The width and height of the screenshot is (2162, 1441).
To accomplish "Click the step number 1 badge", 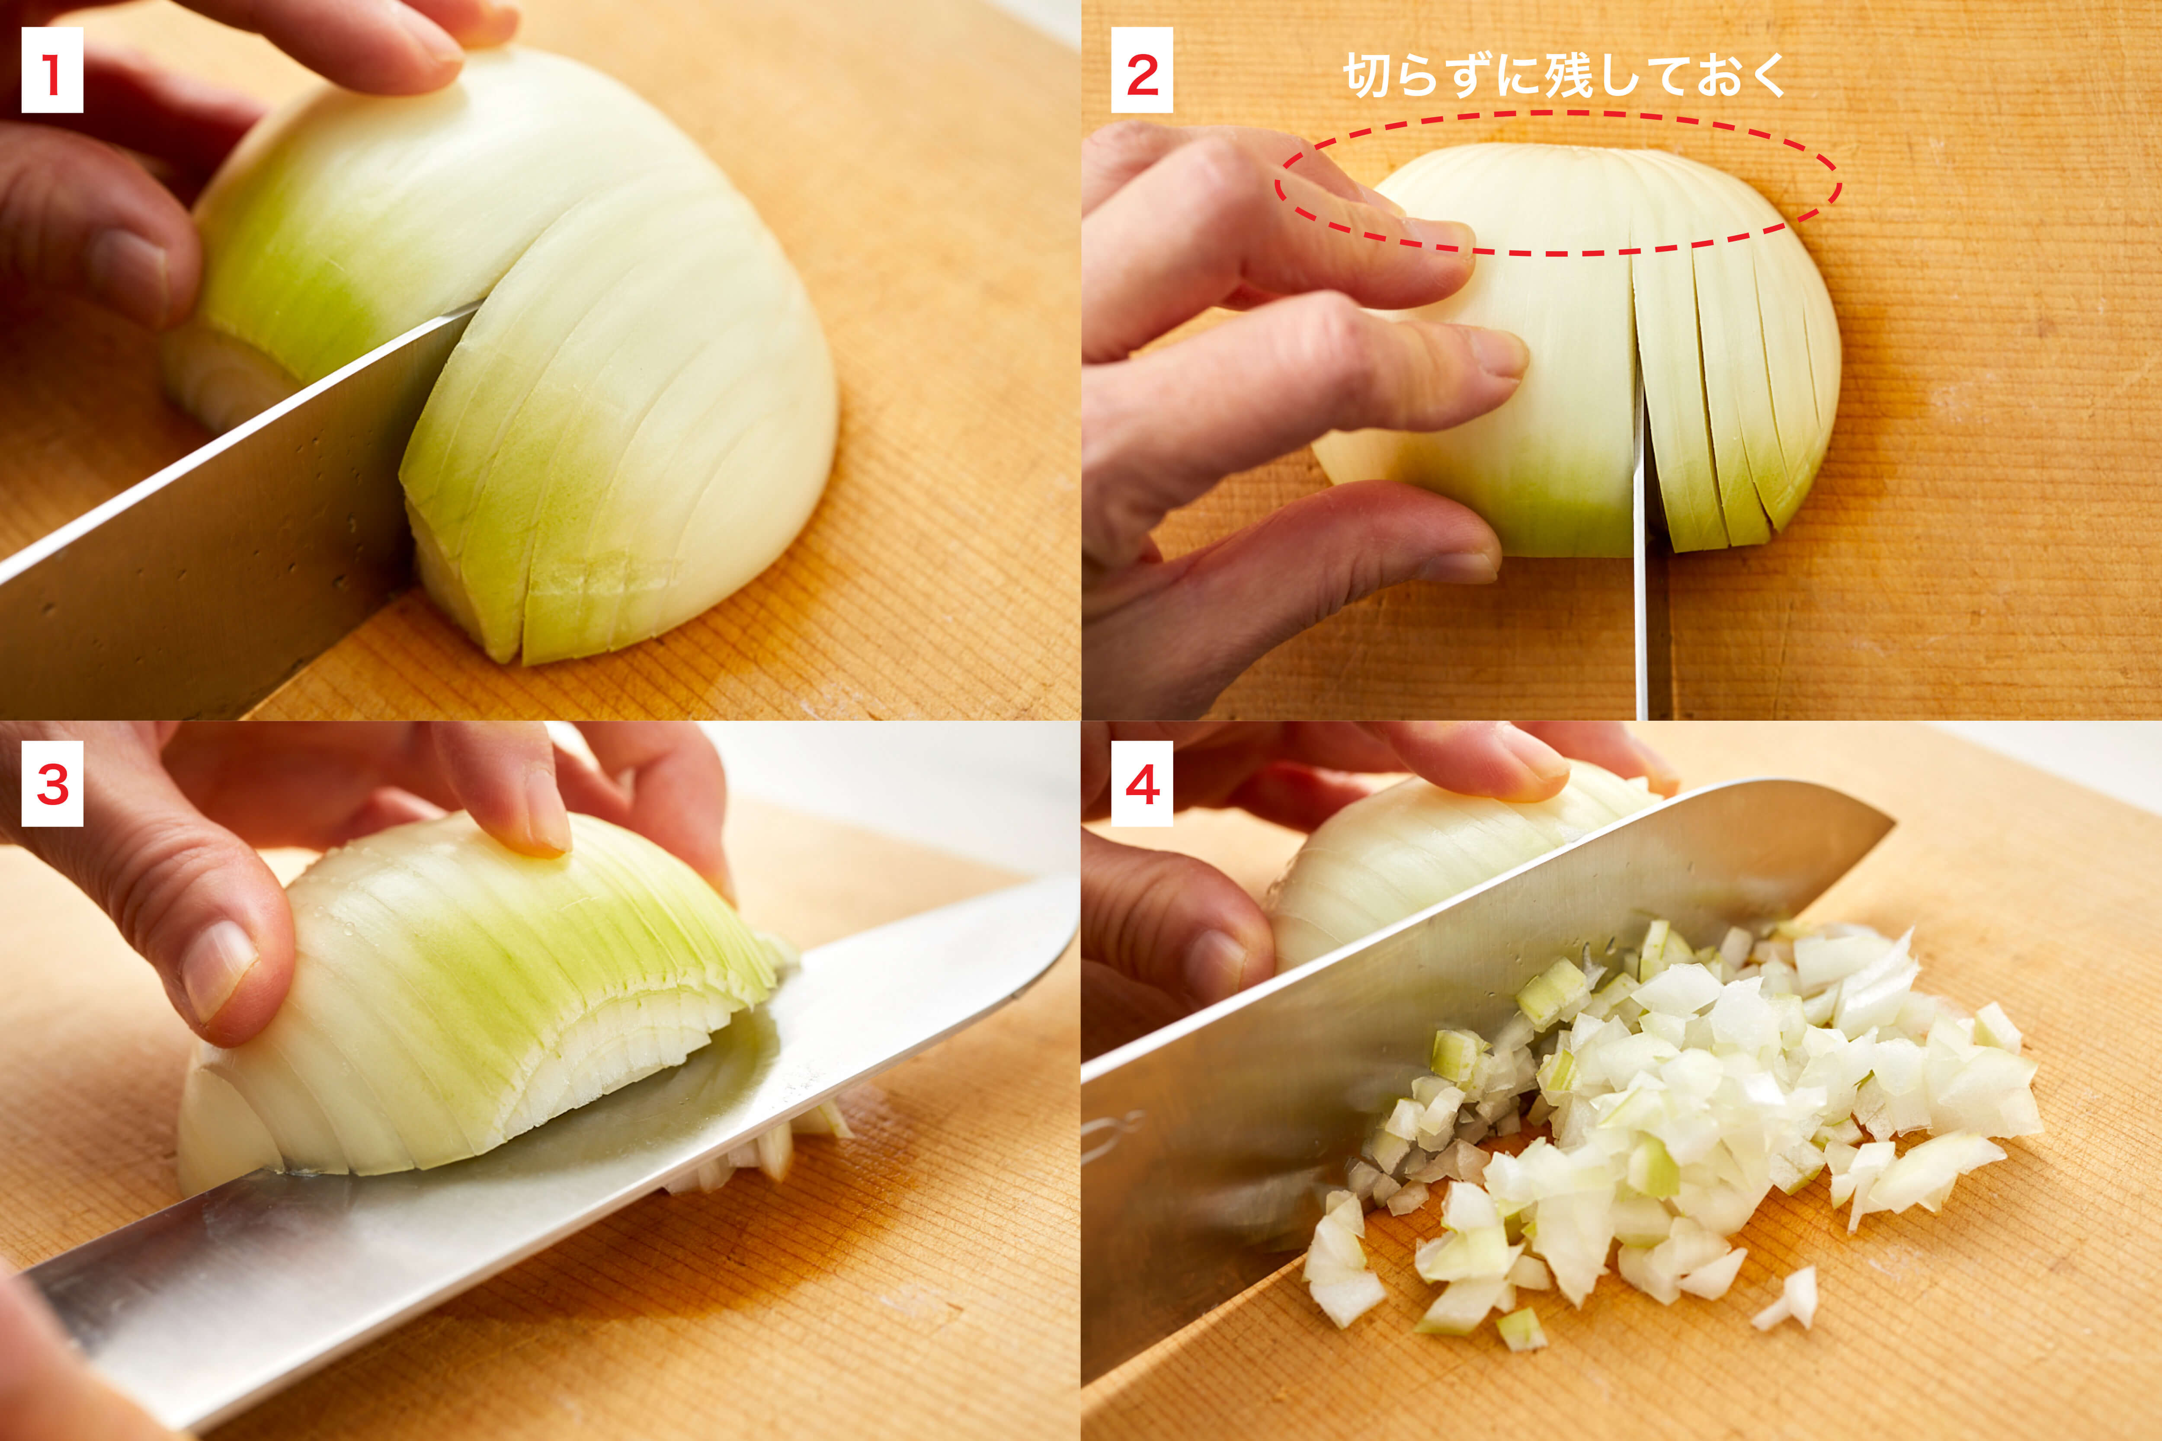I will coord(52,71).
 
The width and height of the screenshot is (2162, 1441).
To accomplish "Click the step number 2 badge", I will coord(1142,71).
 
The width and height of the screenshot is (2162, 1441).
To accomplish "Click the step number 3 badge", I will coord(52,784).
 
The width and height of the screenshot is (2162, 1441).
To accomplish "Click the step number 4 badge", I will coord(1142,784).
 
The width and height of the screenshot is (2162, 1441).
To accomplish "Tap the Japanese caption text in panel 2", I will coord(1563,75).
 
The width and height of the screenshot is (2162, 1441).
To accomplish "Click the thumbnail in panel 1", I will coord(129,266).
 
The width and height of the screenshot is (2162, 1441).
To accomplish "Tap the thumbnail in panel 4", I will coord(1214,965).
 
